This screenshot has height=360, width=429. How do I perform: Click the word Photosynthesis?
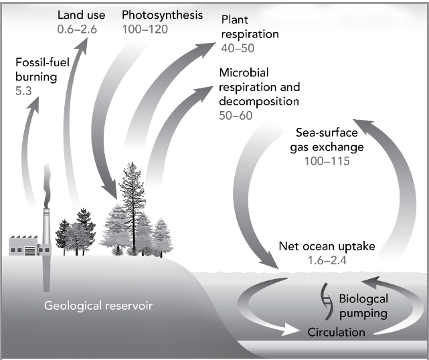coord(163,15)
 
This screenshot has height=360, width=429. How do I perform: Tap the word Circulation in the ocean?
coord(336,332)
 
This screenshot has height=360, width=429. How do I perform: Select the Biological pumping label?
coord(362,306)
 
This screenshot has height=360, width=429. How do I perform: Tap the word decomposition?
coord(260,102)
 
